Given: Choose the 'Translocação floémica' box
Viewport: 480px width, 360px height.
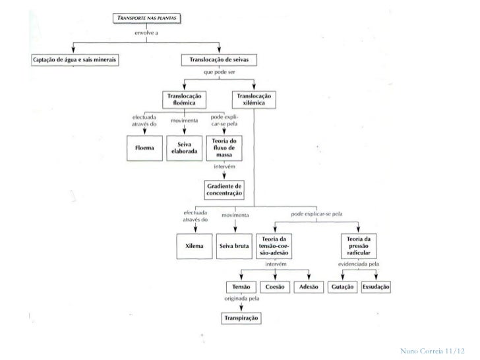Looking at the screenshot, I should point(184,99).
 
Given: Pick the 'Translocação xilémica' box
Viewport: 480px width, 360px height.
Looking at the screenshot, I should point(253,99).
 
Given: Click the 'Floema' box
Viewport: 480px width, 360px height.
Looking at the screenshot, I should point(144,148).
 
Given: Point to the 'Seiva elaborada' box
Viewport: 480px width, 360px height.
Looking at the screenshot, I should point(183,148).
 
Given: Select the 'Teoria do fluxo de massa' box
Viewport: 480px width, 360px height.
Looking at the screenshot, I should point(225,148).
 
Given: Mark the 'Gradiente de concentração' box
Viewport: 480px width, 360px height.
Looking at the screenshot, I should point(225,191).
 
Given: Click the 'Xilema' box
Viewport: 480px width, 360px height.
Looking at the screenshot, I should point(195,245).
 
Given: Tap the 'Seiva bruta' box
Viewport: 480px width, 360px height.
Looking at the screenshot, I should point(234,245).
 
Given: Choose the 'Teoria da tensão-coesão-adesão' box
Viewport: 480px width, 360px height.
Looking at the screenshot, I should point(276,245).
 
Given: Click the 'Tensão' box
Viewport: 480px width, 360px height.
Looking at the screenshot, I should point(239,287).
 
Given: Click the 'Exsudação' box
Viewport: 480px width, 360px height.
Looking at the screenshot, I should point(376,287).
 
